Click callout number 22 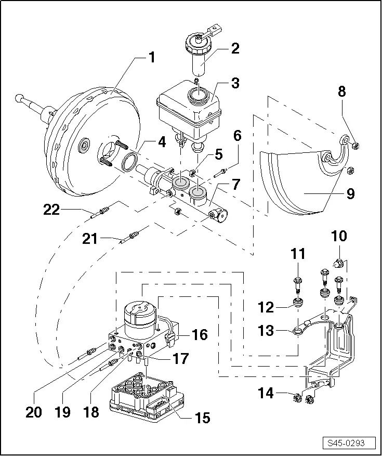pyautogui.click(x=51, y=210)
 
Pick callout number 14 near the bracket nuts pyautogui.click(x=266, y=393)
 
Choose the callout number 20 pyautogui.click(x=34, y=412)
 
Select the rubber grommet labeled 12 pyautogui.click(x=298, y=303)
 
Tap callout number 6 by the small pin pyautogui.click(x=237, y=137)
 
